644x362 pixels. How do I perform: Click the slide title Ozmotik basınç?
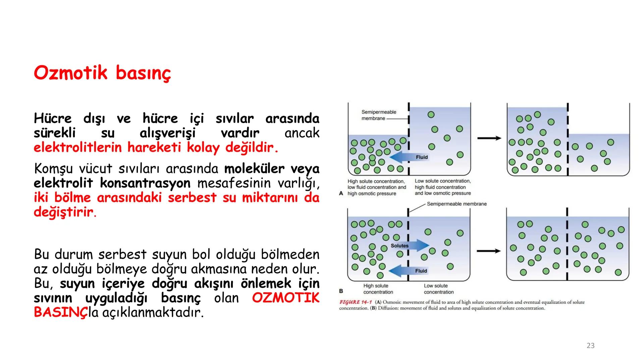click(x=102, y=73)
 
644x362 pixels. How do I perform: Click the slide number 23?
click(x=590, y=346)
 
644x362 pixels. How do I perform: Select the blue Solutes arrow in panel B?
click(x=411, y=246)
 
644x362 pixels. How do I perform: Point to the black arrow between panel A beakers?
click(x=489, y=138)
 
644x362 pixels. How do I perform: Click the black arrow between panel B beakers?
click(x=488, y=251)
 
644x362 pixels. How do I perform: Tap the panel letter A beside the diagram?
click(x=341, y=193)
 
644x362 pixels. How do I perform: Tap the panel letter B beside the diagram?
click(x=341, y=291)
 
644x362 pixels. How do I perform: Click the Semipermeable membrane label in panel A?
click(x=378, y=115)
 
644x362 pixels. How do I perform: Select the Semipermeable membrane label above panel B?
click(x=457, y=204)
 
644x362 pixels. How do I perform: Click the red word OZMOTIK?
click(x=285, y=298)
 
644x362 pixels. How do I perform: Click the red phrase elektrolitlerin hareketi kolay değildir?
click(x=156, y=147)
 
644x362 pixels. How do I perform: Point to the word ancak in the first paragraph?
click(x=302, y=133)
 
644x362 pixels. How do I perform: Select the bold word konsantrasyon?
click(x=145, y=183)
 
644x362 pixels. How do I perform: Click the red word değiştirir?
click(x=64, y=212)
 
